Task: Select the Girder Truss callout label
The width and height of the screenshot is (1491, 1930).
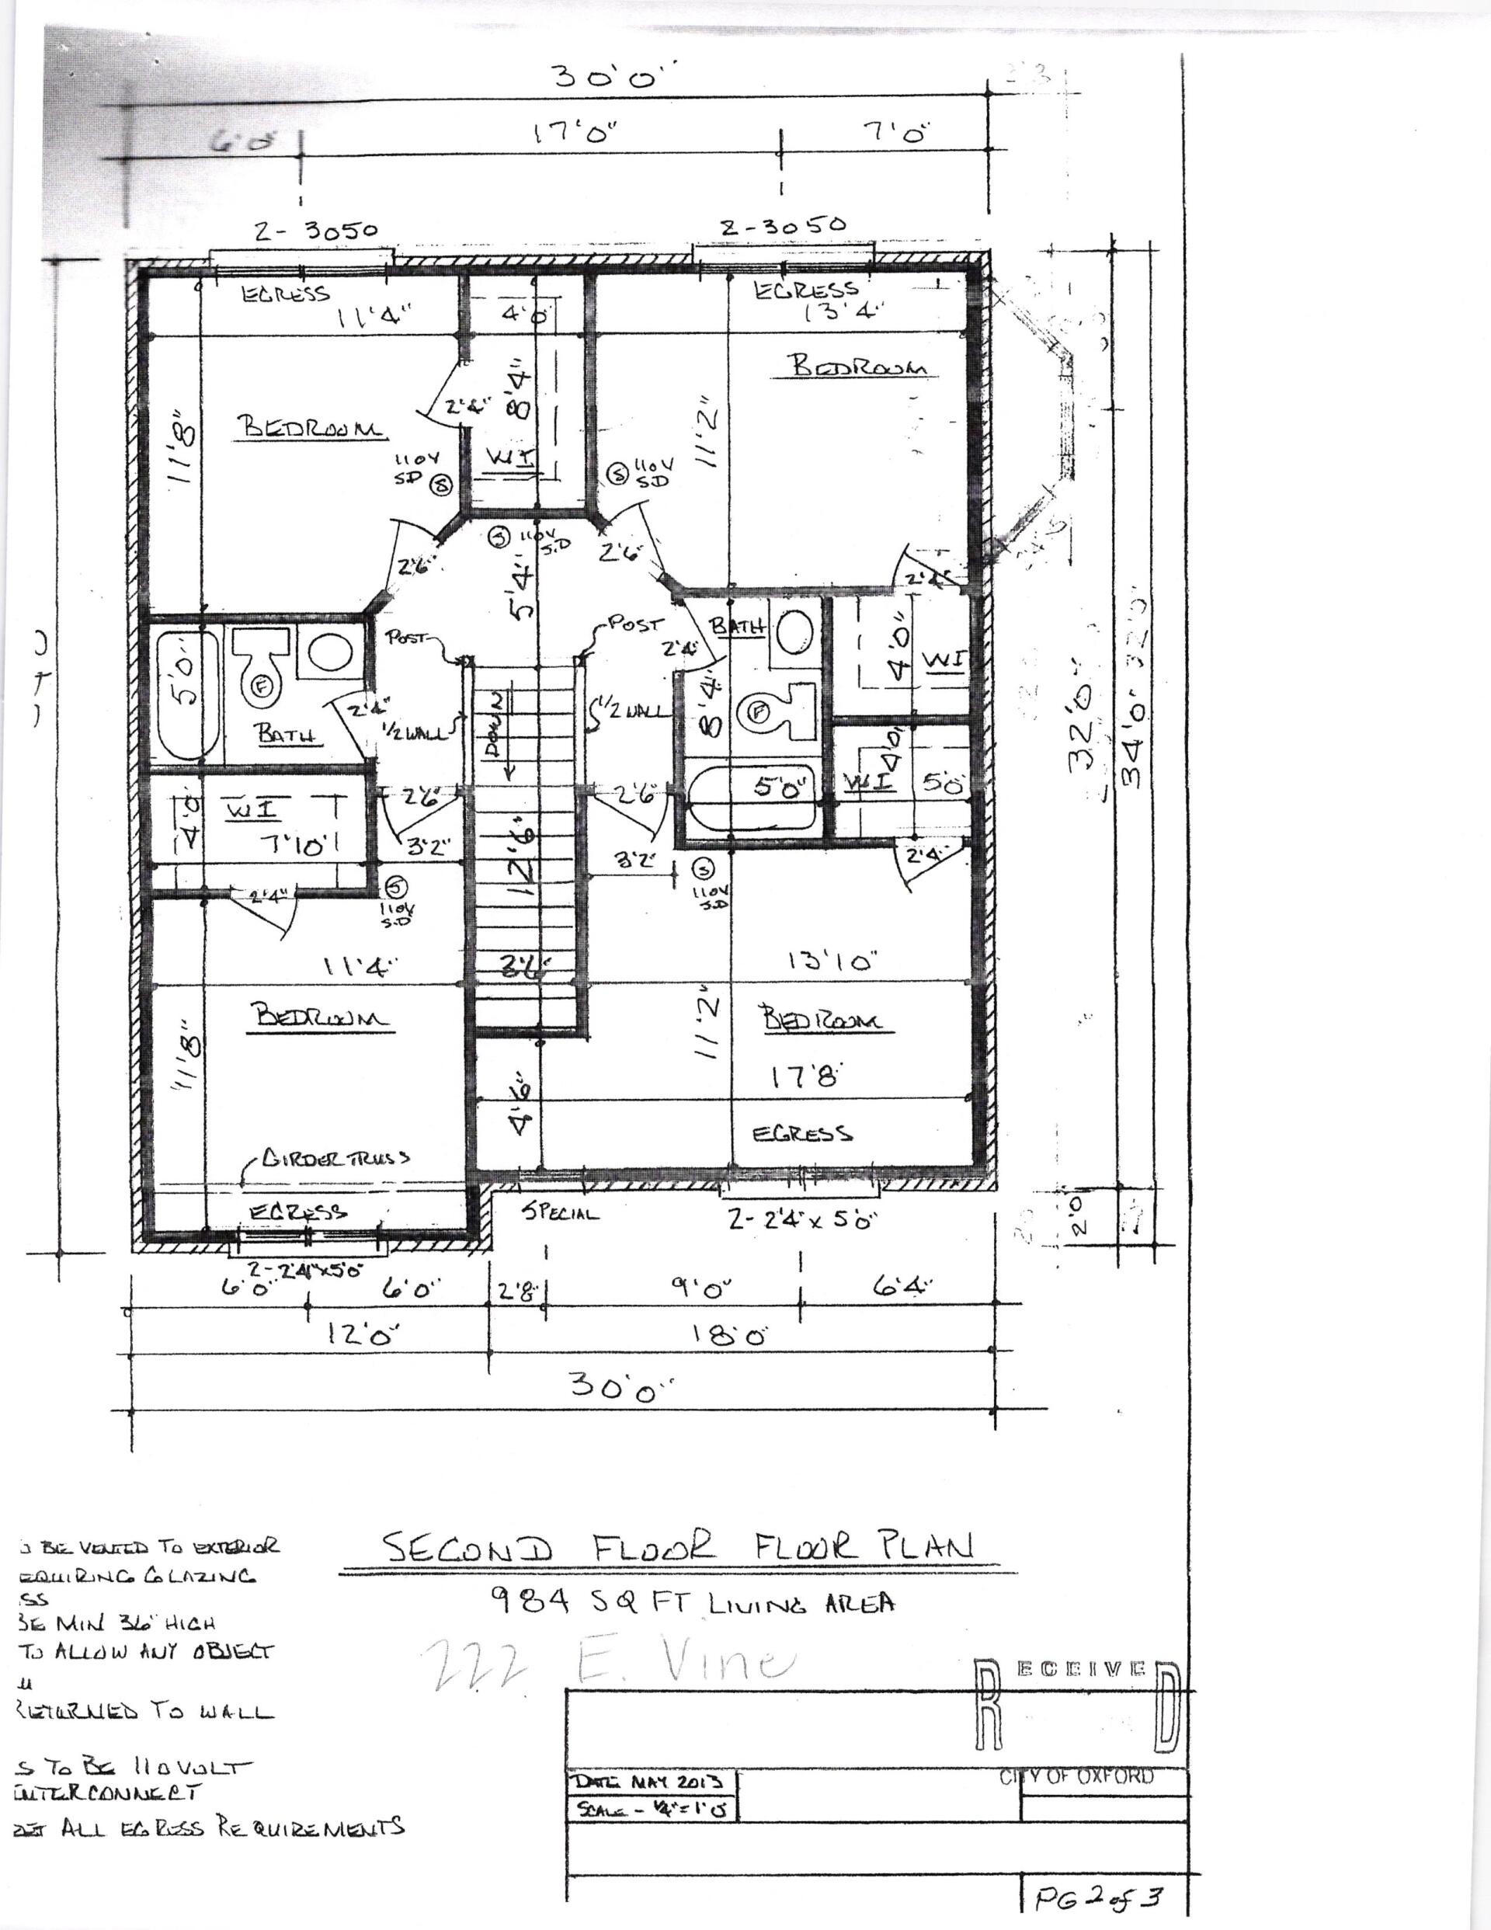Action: (x=335, y=1158)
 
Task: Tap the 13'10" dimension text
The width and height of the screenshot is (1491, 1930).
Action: (x=830, y=962)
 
